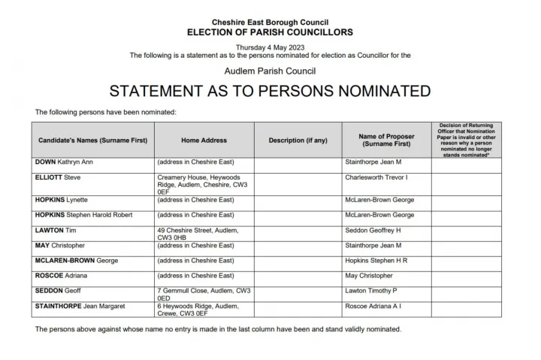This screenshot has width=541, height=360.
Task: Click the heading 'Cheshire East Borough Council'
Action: coord(270,23)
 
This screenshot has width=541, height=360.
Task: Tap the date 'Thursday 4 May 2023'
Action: coord(270,47)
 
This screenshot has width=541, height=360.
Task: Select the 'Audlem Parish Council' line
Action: coord(270,71)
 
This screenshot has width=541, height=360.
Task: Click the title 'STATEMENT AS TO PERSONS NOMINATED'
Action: coord(270,92)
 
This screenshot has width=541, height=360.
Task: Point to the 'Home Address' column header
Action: coord(204,141)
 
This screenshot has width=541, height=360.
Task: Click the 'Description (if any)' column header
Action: coord(298,141)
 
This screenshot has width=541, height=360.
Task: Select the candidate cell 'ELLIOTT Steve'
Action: coord(58,177)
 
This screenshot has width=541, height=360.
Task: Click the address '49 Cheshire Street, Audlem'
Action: coord(197,234)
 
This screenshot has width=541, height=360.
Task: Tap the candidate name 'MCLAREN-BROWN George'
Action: coord(76,261)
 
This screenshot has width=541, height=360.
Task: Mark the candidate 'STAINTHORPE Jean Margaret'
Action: coord(80,306)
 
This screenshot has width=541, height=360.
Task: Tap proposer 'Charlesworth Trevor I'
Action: coord(376,177)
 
